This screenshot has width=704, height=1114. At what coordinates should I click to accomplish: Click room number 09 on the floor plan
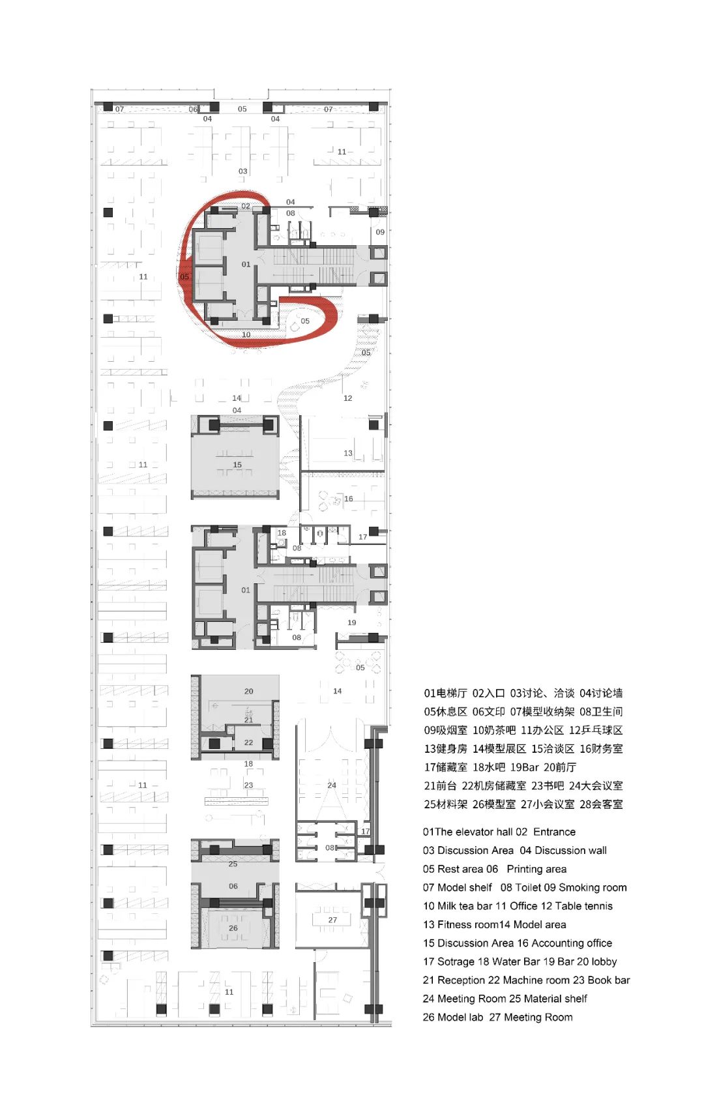pos(380,232)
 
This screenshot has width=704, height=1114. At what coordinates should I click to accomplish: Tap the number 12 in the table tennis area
pos(347,398)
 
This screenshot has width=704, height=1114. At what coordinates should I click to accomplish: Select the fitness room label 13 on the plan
pos(348,453)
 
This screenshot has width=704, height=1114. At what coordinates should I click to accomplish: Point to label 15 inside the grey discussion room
pos(237,465)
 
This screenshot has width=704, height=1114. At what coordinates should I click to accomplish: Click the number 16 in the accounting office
pos(349,499)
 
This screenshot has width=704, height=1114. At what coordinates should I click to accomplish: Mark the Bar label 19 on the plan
pos(352,623)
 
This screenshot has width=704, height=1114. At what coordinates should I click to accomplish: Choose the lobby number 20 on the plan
pos(248,691)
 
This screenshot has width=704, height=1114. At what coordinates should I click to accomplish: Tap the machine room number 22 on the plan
pos(248,742)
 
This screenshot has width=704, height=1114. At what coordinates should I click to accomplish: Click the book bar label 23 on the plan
pos(248,785)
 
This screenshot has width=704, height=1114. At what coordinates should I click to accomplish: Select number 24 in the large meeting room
pos(332,785)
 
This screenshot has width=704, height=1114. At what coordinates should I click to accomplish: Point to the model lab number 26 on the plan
pos(233,928)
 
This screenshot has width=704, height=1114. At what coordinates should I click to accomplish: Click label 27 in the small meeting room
pos(332,920)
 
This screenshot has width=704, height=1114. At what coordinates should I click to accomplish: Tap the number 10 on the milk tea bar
pos(246,334)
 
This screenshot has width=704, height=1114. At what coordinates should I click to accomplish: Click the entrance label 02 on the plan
pos(246,206)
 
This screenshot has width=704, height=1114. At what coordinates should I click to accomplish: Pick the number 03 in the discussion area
pos(242,171)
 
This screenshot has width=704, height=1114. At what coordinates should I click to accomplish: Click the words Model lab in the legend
pos(460,1017)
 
